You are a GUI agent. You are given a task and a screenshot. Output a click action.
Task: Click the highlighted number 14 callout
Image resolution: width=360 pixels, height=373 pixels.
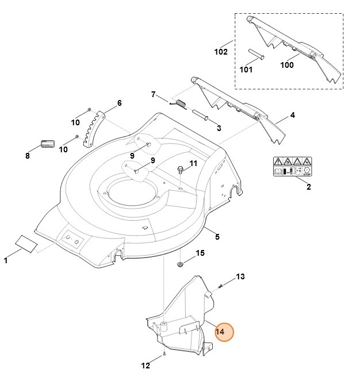point(221,332)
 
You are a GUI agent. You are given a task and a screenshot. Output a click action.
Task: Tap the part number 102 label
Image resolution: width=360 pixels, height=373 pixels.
point(221,52)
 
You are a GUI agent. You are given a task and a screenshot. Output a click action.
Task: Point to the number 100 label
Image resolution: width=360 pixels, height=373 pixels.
point(286,65)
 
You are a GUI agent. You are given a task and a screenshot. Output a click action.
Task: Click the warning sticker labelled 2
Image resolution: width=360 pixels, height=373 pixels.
point(292,167)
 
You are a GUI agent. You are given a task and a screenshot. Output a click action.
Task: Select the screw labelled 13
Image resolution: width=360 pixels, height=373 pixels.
point(221,286)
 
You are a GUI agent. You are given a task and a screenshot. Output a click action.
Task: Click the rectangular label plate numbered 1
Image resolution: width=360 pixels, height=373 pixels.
point(26,241)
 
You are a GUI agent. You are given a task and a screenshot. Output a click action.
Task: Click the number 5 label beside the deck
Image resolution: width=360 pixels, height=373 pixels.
point(217,236)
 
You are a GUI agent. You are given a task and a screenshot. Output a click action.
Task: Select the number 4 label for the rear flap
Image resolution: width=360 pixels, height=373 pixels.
point(292,116)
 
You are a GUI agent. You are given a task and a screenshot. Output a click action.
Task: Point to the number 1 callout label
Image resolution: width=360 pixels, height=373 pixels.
point(6,261)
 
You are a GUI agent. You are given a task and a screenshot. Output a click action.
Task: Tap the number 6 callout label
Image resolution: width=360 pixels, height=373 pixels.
point(119,103)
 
